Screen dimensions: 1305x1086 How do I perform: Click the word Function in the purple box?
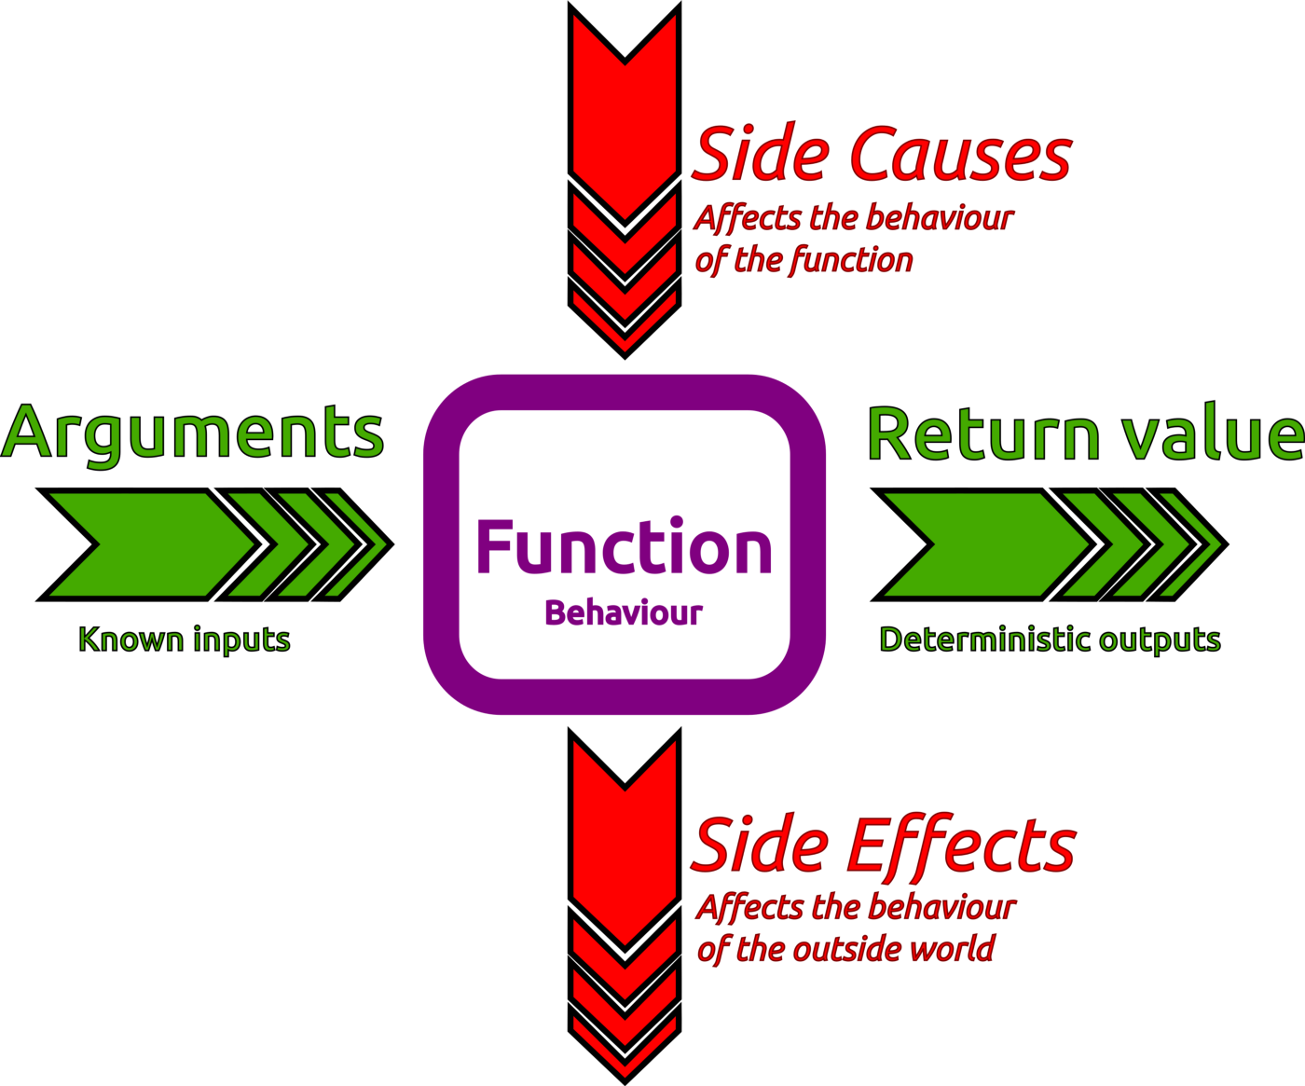point(625,545)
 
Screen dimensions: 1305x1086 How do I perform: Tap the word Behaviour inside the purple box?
point(624,612)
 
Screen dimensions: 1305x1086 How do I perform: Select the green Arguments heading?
point(192,433)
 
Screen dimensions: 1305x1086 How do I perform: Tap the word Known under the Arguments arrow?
point(131,639)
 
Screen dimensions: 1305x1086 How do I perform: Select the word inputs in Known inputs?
point(241,640)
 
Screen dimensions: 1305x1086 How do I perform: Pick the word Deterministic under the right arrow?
point(985,639)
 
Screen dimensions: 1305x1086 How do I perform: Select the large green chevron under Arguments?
point(150,544)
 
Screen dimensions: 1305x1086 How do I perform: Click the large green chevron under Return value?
point(985,544)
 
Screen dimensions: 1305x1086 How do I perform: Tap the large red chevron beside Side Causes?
point(625,118)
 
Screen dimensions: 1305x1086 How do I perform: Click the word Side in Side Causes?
point(762,152)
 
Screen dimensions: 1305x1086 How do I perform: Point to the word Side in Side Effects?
point(760,844)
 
